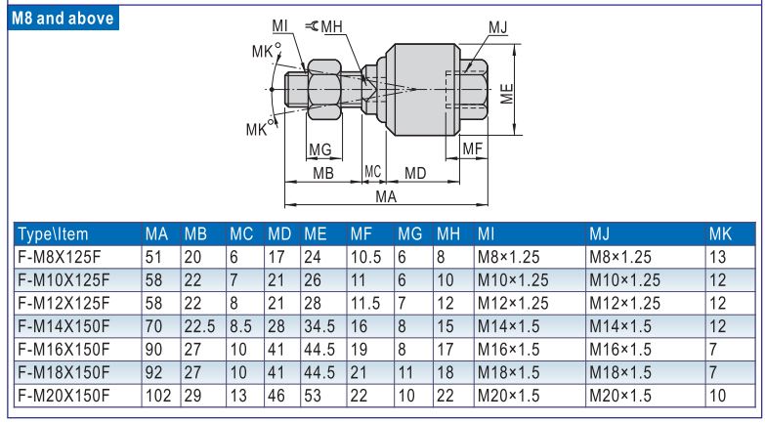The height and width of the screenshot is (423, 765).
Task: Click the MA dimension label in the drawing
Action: click(386, 197)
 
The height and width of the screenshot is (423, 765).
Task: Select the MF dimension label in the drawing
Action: click(473, 148)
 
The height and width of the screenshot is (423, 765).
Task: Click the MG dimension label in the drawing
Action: click(320, 148)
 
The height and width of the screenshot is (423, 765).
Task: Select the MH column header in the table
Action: click(449, 235)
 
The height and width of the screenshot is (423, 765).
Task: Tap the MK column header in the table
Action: click(720, 235)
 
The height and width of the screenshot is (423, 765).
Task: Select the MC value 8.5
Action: click(243, 317)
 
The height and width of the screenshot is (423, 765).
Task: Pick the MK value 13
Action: click(718, 256)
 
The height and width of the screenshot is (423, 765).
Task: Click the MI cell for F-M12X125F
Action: click(514, 297)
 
